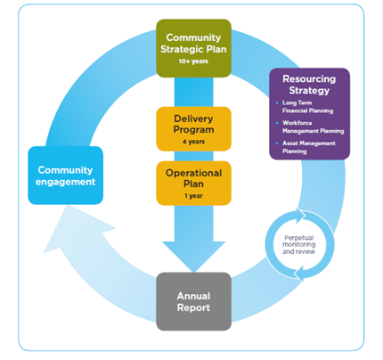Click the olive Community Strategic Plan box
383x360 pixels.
coord(193,48)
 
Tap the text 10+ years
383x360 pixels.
coord(193,61)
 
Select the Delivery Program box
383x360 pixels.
coord(193,129)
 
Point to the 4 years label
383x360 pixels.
coord(193,142)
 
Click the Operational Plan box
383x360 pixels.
coord(193,184)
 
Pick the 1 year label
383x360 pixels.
coord(193,196)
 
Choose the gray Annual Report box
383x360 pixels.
coord(193,301)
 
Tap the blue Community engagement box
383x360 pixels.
coord(66,176)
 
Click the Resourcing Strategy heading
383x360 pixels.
coord(309,85)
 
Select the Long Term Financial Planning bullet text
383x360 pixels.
coord(307,107)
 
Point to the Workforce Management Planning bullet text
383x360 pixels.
coord(314,127)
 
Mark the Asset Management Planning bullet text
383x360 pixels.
coord(309,147)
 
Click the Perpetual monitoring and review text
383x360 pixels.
coord(298,244)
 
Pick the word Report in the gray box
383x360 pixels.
coord(193,307)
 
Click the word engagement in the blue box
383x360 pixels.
coord(66,182)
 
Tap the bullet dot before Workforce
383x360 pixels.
coord(277,123)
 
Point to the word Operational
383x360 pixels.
coord(193,173)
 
